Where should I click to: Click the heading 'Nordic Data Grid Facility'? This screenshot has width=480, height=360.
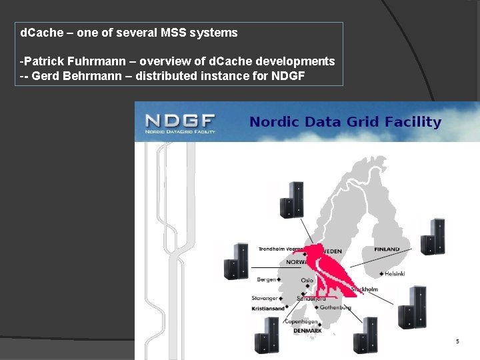pos(345,122)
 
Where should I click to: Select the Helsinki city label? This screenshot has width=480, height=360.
pos(395,274)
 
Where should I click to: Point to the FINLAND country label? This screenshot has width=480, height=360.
pos(387,249)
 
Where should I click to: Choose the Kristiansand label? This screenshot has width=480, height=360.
pos(268,309)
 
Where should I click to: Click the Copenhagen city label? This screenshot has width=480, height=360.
pos(300,321)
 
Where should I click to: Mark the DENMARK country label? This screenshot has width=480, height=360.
pos(307,331)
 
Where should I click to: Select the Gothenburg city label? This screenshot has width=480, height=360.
pos(335,307)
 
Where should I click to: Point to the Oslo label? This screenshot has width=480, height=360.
pos(307,281)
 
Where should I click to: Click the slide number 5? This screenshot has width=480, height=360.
pos(457,341)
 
